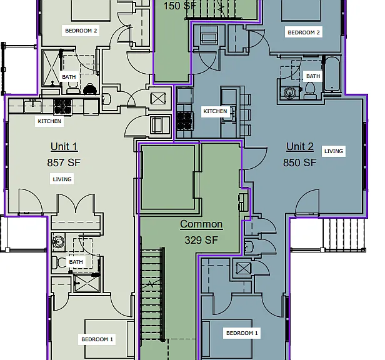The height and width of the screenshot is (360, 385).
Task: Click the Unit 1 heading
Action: tap(64, 147)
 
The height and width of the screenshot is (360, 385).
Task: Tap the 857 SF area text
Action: tap(64, 162)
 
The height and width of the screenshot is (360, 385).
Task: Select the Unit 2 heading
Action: tap(300, 147)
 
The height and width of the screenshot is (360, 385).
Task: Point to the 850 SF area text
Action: tap(299, 162)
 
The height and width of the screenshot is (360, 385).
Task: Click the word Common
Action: tap(201, 224)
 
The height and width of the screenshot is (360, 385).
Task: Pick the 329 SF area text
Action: tap(201, 240)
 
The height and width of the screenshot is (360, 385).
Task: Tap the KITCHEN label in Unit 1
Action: tap(49, 121)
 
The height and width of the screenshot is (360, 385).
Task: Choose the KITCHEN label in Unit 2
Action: tap(216, 111)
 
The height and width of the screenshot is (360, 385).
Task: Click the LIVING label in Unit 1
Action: tap(62, 179)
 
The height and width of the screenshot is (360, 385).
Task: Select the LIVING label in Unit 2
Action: tap(334, 151)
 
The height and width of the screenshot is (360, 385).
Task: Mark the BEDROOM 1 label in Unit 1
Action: tap(97, 339)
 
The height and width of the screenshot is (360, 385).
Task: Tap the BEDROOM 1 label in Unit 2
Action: tap(242, 333)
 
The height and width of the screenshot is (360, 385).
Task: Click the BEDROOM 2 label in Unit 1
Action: tap(81, 31)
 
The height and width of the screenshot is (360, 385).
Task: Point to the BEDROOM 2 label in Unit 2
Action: tap(304, 32)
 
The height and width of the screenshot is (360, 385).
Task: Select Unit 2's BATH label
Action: tap(313, 76)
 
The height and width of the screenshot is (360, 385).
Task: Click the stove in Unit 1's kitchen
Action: tap(63, 107)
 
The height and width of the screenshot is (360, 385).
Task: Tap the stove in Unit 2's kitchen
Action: tap(184, 121)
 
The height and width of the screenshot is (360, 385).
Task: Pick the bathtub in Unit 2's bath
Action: tap(332, 74)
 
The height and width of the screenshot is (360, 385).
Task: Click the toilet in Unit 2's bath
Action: tap(310, 90)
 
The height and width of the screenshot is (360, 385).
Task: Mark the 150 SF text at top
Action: tap(180, 6)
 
